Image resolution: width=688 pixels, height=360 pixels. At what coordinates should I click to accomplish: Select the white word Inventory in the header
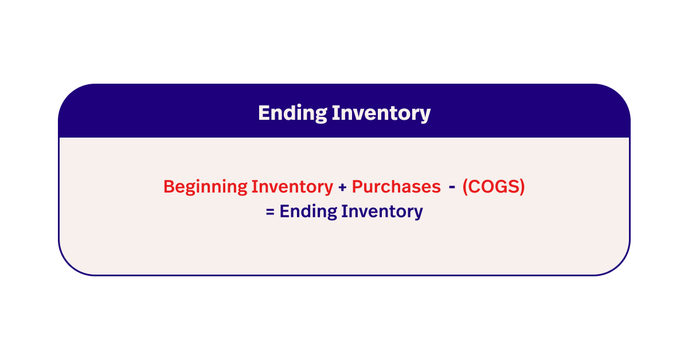tap(381, 113)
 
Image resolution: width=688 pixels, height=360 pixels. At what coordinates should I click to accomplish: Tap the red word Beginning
tap(206, 187)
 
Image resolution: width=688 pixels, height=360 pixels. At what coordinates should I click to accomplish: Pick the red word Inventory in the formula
tap(292, 187)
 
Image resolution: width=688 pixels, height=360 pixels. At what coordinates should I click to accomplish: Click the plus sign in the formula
tap(342, 187)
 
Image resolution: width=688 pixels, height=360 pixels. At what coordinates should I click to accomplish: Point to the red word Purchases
tap(396, 187)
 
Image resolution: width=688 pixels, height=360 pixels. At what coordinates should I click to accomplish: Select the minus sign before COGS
tap(452, 187)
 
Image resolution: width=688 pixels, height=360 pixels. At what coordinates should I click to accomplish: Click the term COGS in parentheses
tap(493, 187)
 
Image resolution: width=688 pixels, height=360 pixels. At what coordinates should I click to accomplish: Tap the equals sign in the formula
tap(270, 212)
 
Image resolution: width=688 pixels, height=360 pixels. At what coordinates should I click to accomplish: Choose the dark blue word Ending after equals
tap(308, 212)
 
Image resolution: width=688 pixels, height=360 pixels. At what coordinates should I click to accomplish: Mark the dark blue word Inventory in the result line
tap(382, 212)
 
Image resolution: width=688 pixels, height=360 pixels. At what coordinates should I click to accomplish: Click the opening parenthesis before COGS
tap(465, 187)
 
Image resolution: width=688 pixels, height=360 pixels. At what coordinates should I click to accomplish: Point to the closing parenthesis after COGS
tap(521, 187)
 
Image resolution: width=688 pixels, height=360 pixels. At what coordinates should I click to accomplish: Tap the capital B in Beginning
tap(168, 187)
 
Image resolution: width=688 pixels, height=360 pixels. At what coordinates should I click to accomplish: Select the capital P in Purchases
tap(356, 187)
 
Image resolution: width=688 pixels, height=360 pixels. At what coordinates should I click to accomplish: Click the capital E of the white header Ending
tap(263, 113)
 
